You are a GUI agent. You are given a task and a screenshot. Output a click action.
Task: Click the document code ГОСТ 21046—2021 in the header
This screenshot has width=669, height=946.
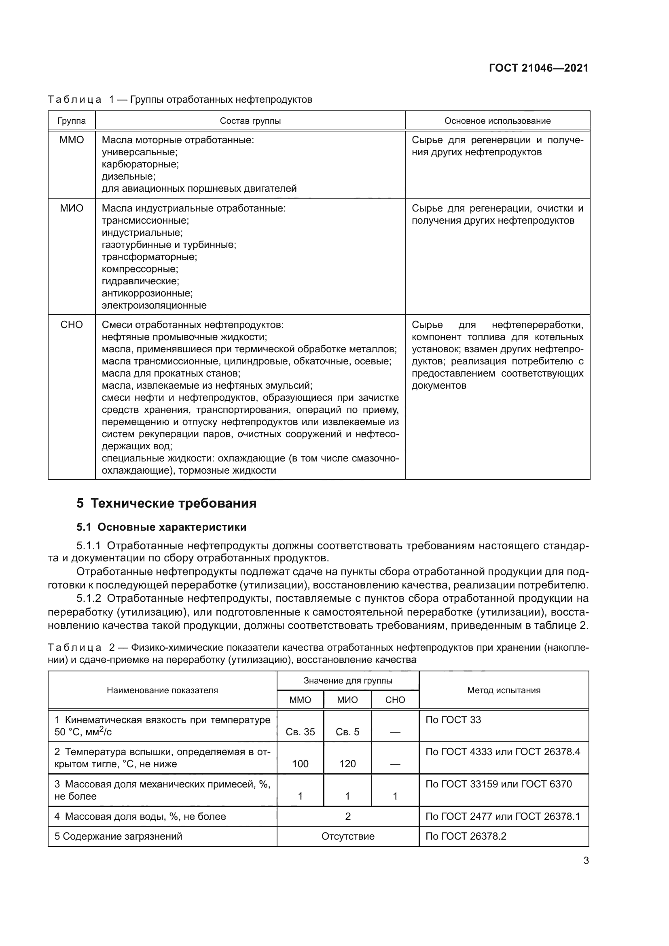tap(538, 68)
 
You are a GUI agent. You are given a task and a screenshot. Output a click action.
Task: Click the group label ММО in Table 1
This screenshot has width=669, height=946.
tap(71, 140)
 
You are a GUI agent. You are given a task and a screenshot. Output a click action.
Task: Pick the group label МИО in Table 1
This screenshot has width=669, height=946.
tap(71, 208)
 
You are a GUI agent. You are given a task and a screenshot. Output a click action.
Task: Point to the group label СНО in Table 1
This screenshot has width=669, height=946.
tap(71, 325)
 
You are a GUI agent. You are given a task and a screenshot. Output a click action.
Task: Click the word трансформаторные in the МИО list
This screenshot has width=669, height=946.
tap(149, 257)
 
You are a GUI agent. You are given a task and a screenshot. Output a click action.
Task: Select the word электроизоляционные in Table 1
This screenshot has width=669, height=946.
tap(154, 306)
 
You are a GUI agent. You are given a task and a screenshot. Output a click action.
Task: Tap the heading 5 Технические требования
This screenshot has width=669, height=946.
tap(166, 504)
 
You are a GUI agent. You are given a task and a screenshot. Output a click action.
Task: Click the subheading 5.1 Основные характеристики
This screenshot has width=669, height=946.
tap(161, 527)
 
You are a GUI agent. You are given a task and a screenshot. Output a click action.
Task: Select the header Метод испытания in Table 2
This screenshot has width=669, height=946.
tap(504, 690)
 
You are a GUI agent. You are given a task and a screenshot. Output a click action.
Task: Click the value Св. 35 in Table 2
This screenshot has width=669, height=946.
tap(300, 732)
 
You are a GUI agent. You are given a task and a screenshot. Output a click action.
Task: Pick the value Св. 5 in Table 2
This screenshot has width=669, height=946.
tap(347, 732)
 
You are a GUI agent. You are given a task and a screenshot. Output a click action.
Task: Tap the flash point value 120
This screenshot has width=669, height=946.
tap(347, 764)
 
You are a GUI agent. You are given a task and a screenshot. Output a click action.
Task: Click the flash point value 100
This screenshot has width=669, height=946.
tap(300, 764)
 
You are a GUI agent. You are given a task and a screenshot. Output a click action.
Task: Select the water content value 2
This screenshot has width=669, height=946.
tap(348, 816)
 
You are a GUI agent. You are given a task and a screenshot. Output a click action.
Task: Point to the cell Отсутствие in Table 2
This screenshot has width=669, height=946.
tap(348, 836)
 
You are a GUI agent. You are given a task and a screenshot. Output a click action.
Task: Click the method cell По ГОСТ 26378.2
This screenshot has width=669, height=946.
tap(466, 836)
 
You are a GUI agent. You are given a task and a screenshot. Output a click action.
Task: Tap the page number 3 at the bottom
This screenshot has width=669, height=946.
tap(586, 861)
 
